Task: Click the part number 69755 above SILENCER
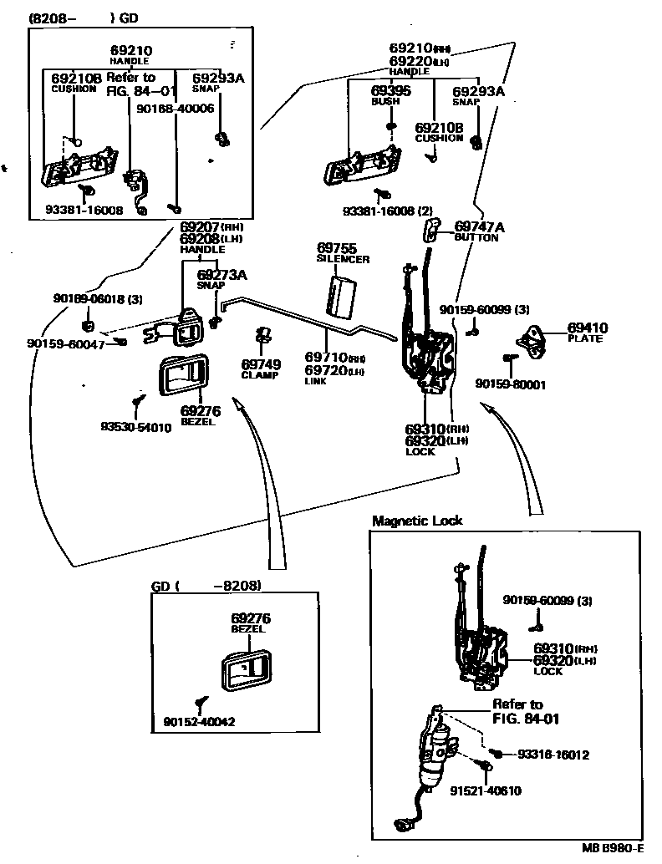(336, 248)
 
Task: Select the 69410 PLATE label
(588, 333)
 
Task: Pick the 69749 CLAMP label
(261, 369)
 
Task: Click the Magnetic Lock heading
(417, 521)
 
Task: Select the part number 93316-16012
(553, 755)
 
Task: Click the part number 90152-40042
(199, 721)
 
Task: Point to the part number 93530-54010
(136, 427)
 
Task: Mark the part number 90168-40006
(175, 108)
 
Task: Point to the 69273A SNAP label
(222, 279)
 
